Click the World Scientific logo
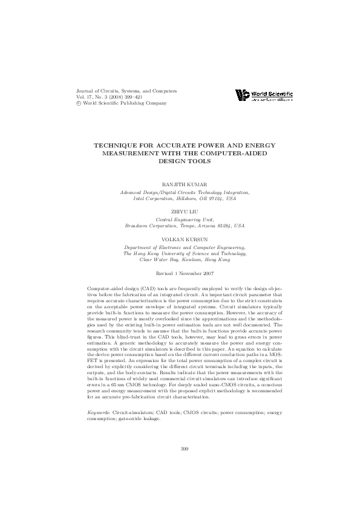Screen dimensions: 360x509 tap(264, 95)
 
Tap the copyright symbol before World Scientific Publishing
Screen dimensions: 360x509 tap(74, 103)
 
